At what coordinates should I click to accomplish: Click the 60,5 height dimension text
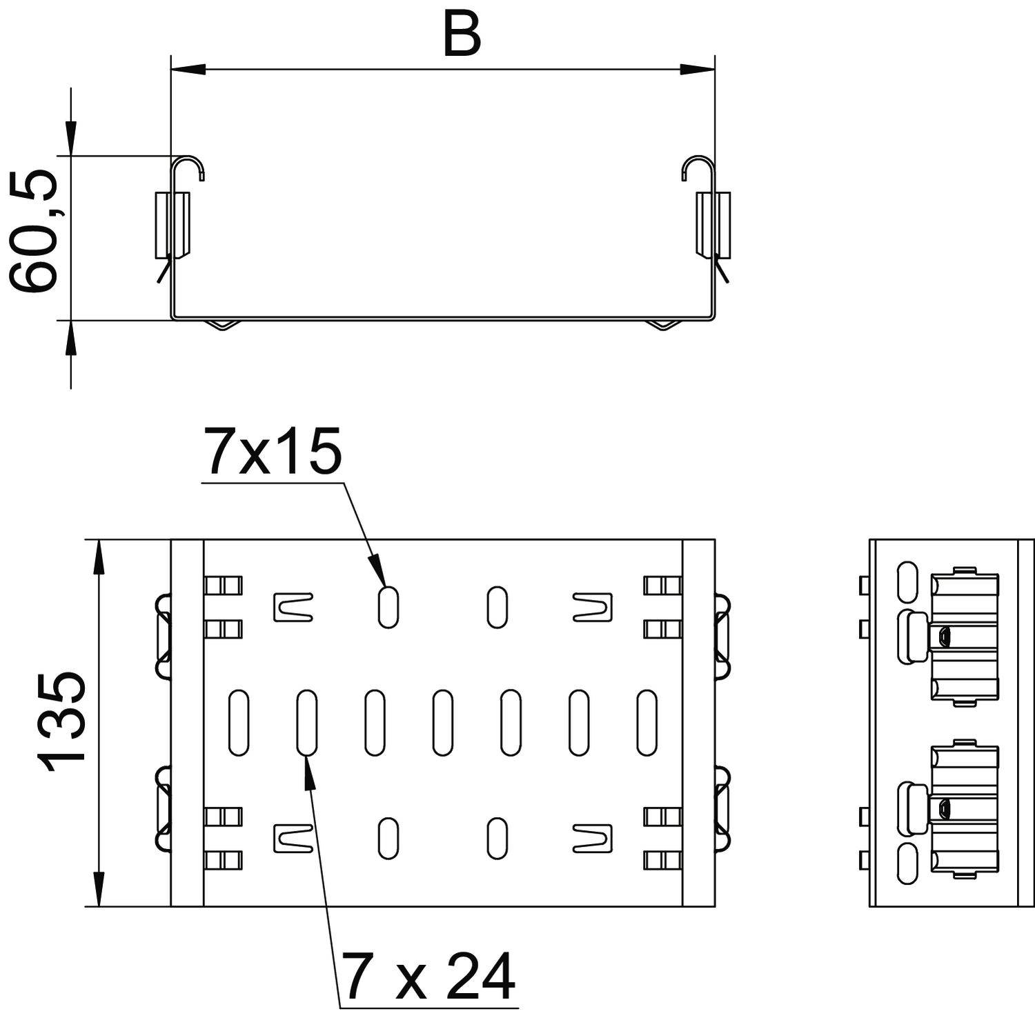pos(34,231)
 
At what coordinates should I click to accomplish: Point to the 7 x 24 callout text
pos(428,976)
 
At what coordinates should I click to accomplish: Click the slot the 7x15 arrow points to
pos(388,607)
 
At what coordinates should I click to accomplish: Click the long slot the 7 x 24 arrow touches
pos(307,722)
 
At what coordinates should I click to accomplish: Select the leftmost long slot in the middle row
pos(238,722)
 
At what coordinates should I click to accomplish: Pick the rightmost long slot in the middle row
pos(647,722)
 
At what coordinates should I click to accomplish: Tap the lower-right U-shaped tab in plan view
pos(592,838)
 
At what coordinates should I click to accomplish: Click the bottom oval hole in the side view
pos(908,863)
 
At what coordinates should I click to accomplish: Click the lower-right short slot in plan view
pos(497,838)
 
